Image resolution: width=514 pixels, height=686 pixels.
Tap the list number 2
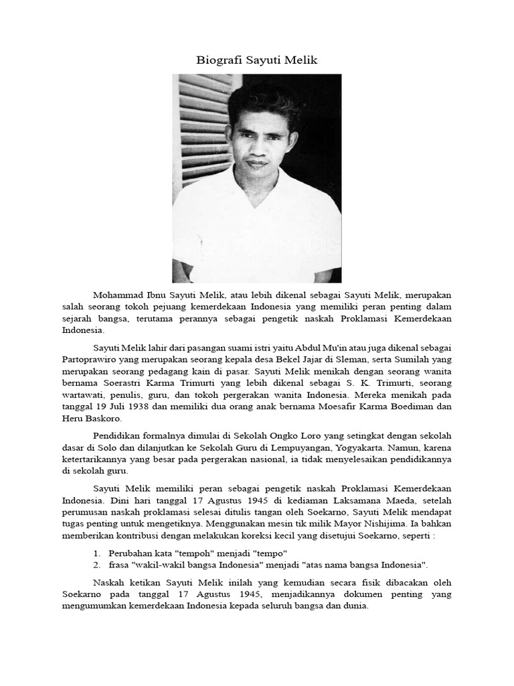[97, 565]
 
